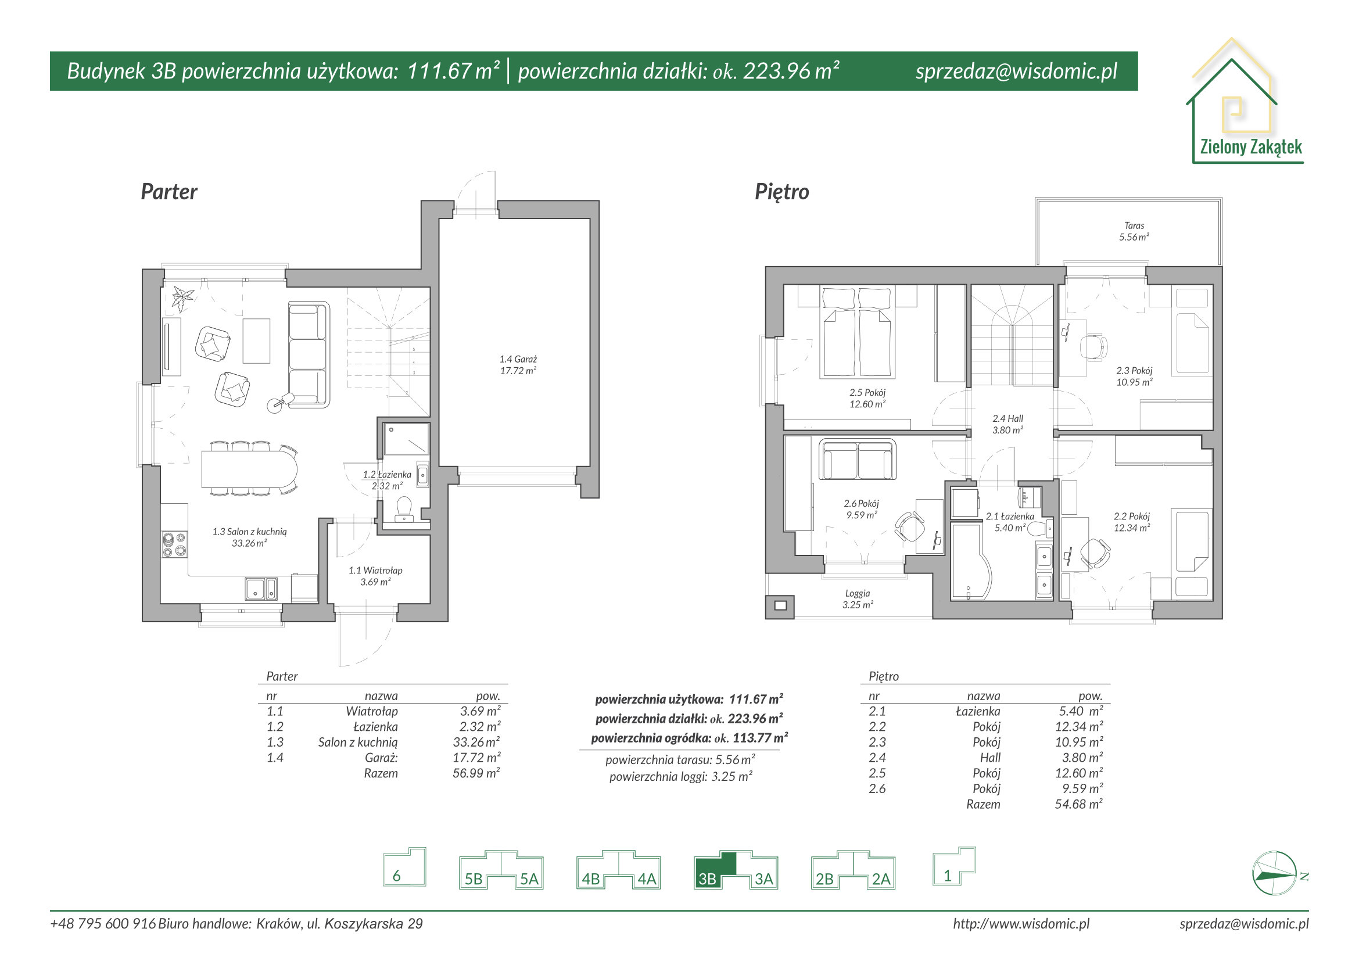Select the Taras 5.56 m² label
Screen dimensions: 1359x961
1134,231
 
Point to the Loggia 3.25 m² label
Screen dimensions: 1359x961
858,599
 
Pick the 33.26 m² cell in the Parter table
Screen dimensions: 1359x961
476,742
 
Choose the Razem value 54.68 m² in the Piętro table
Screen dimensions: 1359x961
1078,804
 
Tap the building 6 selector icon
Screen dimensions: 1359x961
404,866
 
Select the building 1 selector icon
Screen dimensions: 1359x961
953,866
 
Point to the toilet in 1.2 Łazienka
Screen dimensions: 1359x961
404,509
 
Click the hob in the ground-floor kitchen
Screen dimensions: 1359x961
174,544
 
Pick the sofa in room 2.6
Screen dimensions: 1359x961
857,459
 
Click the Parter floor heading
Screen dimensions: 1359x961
168,192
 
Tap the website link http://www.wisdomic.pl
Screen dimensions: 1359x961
1021,924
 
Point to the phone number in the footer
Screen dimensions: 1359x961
103,924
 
